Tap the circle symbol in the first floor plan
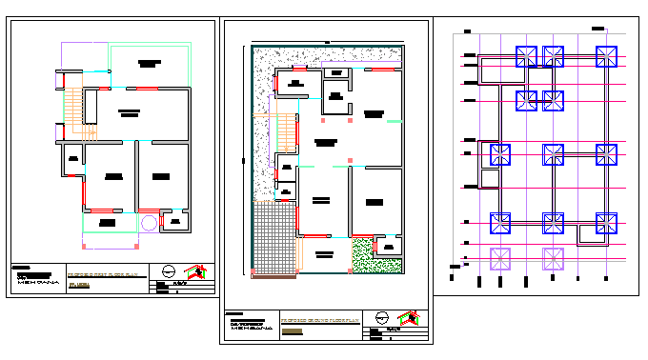149,223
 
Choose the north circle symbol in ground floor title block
381,319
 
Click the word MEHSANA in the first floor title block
35,283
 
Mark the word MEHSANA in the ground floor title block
250,330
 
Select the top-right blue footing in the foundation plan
604,56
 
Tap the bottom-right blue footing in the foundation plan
606,223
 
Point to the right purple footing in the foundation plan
554,257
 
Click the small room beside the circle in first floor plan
175,223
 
